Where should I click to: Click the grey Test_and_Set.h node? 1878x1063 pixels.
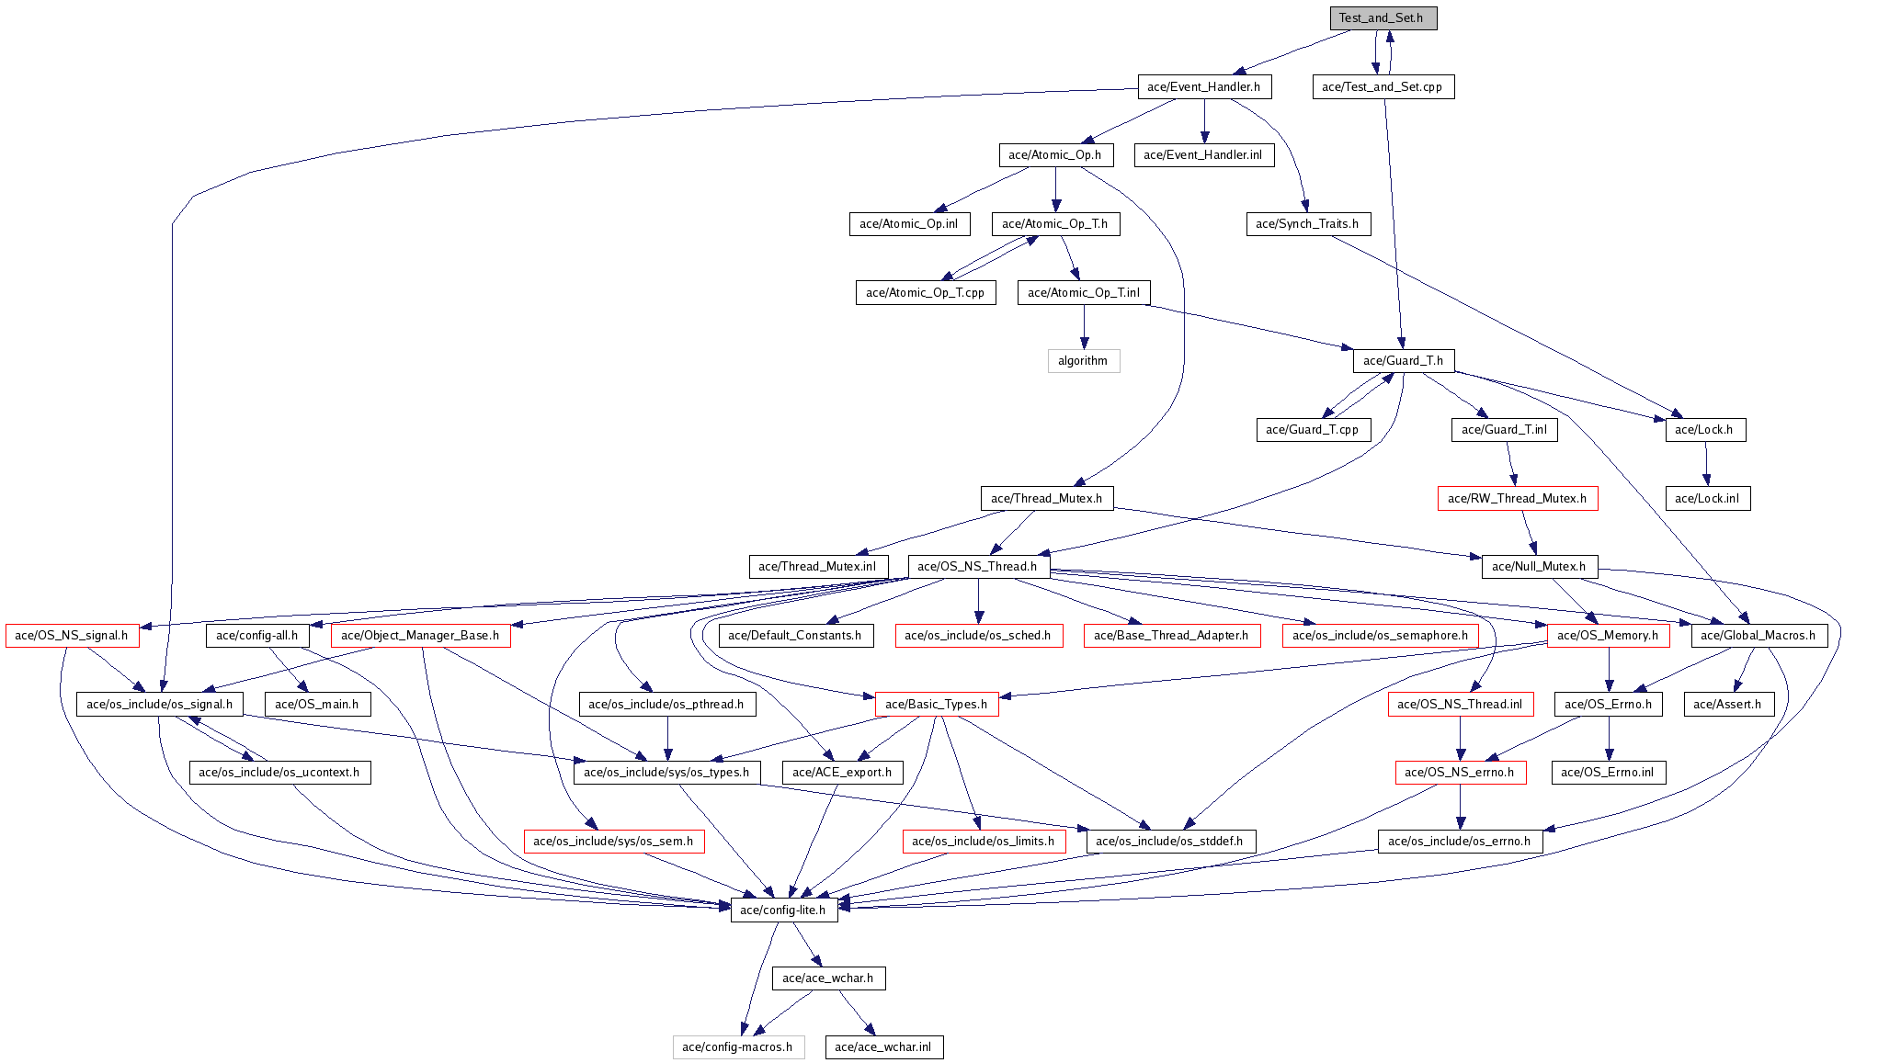1383,18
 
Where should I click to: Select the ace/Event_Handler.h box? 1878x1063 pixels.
1204,86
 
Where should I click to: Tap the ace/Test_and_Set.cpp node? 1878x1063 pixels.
1383,86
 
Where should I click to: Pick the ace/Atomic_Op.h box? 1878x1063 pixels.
1055,155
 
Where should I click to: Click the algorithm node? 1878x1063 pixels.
1084,361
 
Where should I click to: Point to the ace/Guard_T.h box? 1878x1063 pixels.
1404,361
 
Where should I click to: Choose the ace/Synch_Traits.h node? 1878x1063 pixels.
1308,224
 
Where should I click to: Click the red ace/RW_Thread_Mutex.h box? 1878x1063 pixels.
1518,499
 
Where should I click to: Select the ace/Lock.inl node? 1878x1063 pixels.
1707,499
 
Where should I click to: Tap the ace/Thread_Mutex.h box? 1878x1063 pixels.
1047,499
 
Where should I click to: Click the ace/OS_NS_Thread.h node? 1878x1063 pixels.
978,567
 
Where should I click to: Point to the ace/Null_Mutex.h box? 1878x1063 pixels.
1539,567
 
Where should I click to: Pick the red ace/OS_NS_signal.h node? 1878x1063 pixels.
72,636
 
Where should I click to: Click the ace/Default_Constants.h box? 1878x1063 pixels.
795,636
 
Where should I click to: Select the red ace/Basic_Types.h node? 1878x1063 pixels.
937,705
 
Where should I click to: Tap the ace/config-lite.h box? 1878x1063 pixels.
784,910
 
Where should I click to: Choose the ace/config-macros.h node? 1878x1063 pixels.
738,1047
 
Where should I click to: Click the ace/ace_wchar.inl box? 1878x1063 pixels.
883,1047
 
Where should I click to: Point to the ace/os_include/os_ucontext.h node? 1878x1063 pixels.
279,773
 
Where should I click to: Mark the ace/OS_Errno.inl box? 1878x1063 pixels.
1608,773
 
